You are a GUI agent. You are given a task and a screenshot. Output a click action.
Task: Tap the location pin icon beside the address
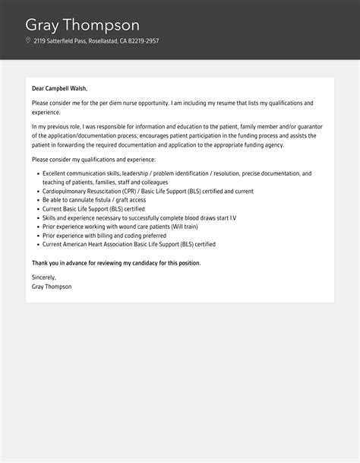28,40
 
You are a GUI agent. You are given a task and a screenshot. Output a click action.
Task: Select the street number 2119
40,41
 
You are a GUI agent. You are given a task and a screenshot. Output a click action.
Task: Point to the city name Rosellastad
103,41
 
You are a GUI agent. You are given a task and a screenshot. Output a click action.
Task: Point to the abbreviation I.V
232,218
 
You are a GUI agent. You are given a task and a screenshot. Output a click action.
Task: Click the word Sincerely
44,277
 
